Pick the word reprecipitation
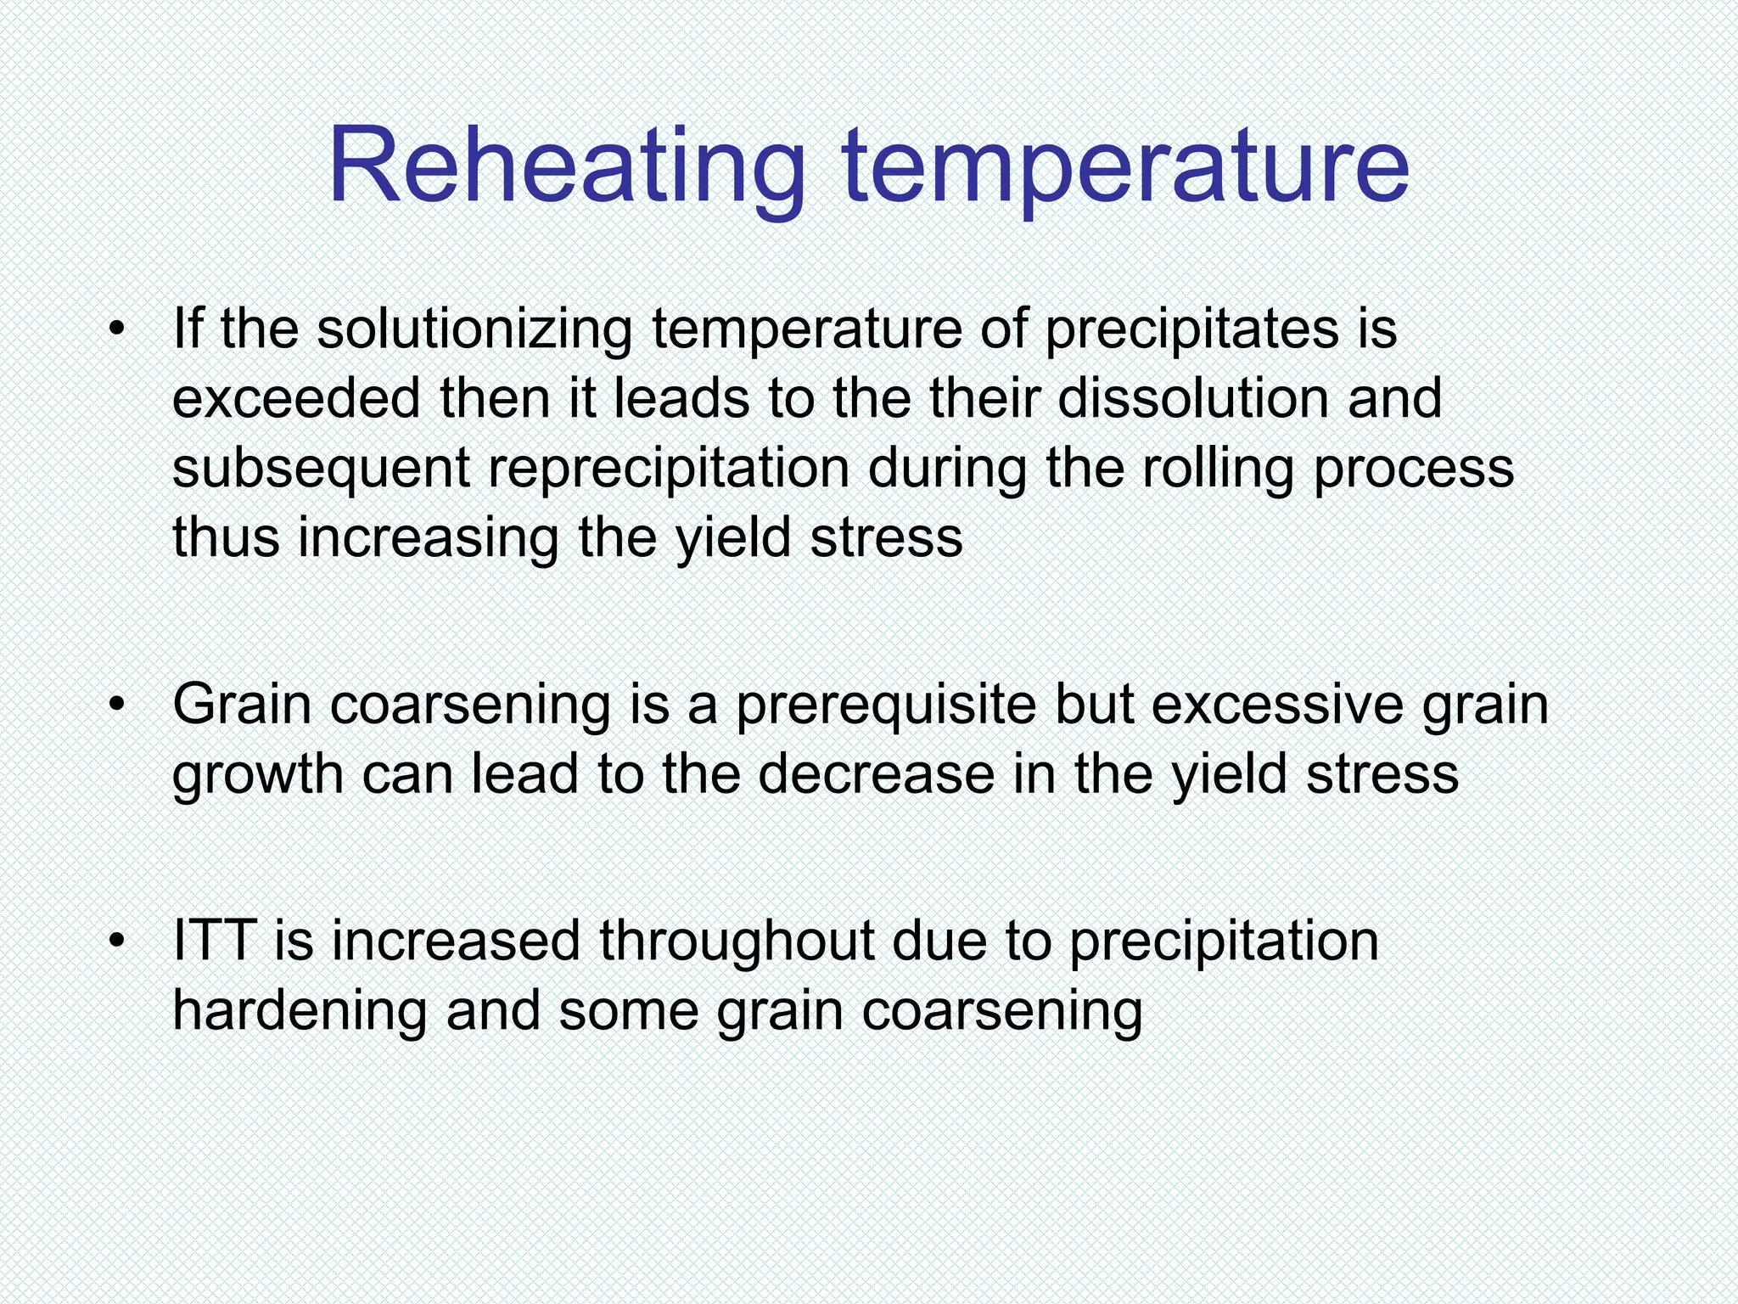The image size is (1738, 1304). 669,469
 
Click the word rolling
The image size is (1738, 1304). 1219,469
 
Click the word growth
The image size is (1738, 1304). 257,774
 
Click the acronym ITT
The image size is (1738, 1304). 215,941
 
